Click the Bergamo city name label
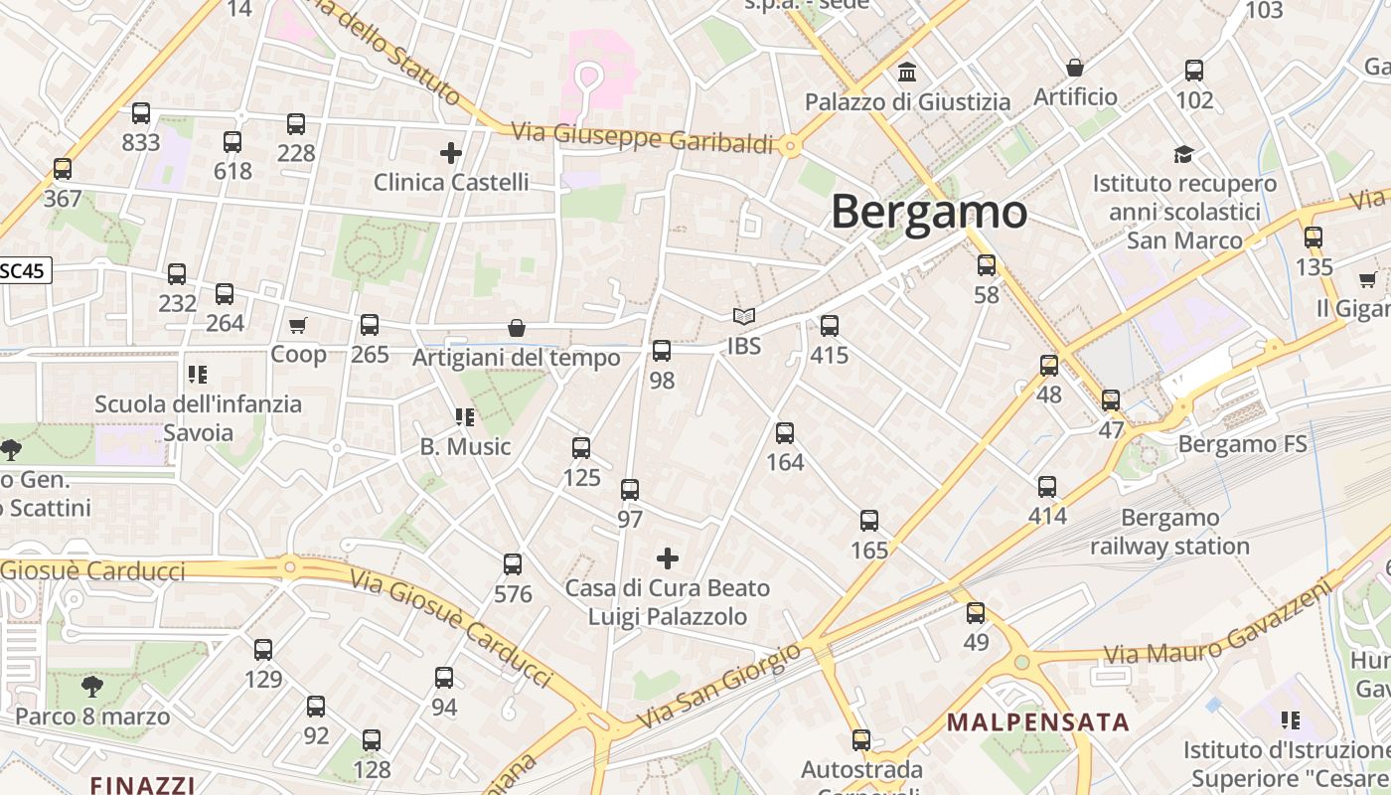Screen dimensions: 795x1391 tap(929, 212)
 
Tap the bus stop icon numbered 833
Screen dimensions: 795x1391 tap(141, 113)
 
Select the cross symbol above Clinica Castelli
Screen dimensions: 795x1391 tap(451, 153)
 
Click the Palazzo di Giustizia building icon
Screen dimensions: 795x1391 tap(907, 73)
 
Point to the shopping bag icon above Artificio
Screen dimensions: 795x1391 tap(1075, 68)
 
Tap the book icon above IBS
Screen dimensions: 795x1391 tap(744, 317)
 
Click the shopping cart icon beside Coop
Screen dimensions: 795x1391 tap(297, 325)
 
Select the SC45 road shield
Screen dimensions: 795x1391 tap(23, 270)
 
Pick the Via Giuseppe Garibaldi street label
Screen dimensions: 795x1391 tap(642, 137)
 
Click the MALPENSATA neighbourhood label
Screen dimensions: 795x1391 tap(1038, 721)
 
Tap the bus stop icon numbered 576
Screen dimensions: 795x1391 tap(513, 564)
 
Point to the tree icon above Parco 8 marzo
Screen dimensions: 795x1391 tap(91, 686)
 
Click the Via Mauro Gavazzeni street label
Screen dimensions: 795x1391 tap(1217, 623)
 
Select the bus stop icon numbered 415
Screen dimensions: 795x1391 tap(830, 325)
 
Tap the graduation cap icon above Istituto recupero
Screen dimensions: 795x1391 tap(1183, 154)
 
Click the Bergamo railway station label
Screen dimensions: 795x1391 tap(1169, 532)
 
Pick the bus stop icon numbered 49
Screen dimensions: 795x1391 tap(976, 613)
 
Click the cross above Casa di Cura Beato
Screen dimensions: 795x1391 tap(668, 558)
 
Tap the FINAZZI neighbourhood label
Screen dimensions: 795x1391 tap(142, 784)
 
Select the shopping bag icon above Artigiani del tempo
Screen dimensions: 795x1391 tap(517, 328)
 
